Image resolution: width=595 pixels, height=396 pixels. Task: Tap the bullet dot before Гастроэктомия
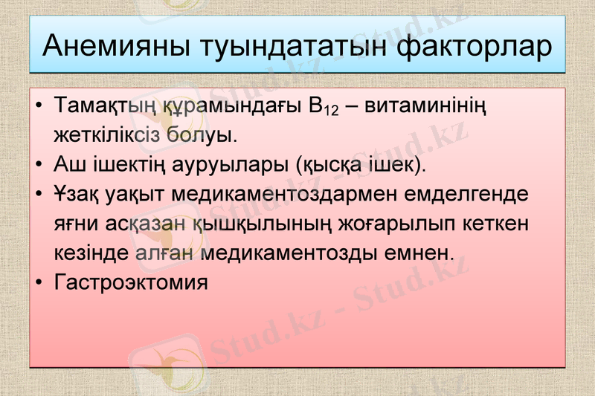pos(39,282)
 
